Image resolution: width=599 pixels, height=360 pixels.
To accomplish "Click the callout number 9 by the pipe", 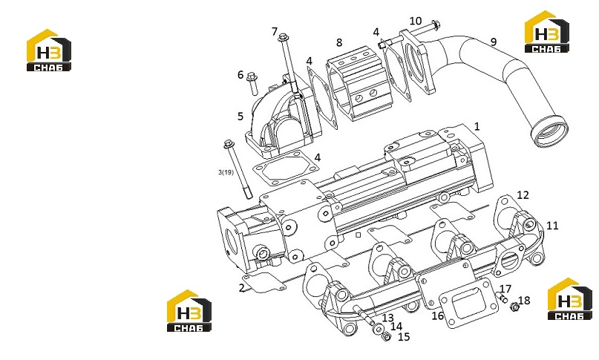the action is point(493,42).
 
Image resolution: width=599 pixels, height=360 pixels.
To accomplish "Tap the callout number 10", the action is point(416,21).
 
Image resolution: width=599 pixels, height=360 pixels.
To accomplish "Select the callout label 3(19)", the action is point(226,172).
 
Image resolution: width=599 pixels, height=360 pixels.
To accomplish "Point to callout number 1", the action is point(477,126).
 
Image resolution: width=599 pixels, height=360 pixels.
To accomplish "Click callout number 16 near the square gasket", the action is point(438,315).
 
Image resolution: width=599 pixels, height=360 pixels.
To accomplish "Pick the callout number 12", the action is point(523,195).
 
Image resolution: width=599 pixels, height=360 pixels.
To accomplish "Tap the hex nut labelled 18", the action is point(514,306).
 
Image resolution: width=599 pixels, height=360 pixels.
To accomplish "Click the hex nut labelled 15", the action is point(386,337).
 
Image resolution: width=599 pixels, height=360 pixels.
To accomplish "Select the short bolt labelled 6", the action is point(252,83).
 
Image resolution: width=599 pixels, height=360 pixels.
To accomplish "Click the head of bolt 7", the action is point(283,38).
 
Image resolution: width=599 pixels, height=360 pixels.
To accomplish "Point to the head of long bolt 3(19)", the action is point(229,145).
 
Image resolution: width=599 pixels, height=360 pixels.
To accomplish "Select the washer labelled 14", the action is point(379,329).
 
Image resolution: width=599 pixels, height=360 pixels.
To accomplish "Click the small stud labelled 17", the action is point(503,298).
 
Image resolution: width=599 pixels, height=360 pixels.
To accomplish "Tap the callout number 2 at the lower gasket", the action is point(241,287).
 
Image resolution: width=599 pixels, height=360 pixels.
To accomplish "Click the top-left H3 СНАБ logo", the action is point(48,50).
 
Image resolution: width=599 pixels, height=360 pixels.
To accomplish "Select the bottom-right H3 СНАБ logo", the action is point(569,299).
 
